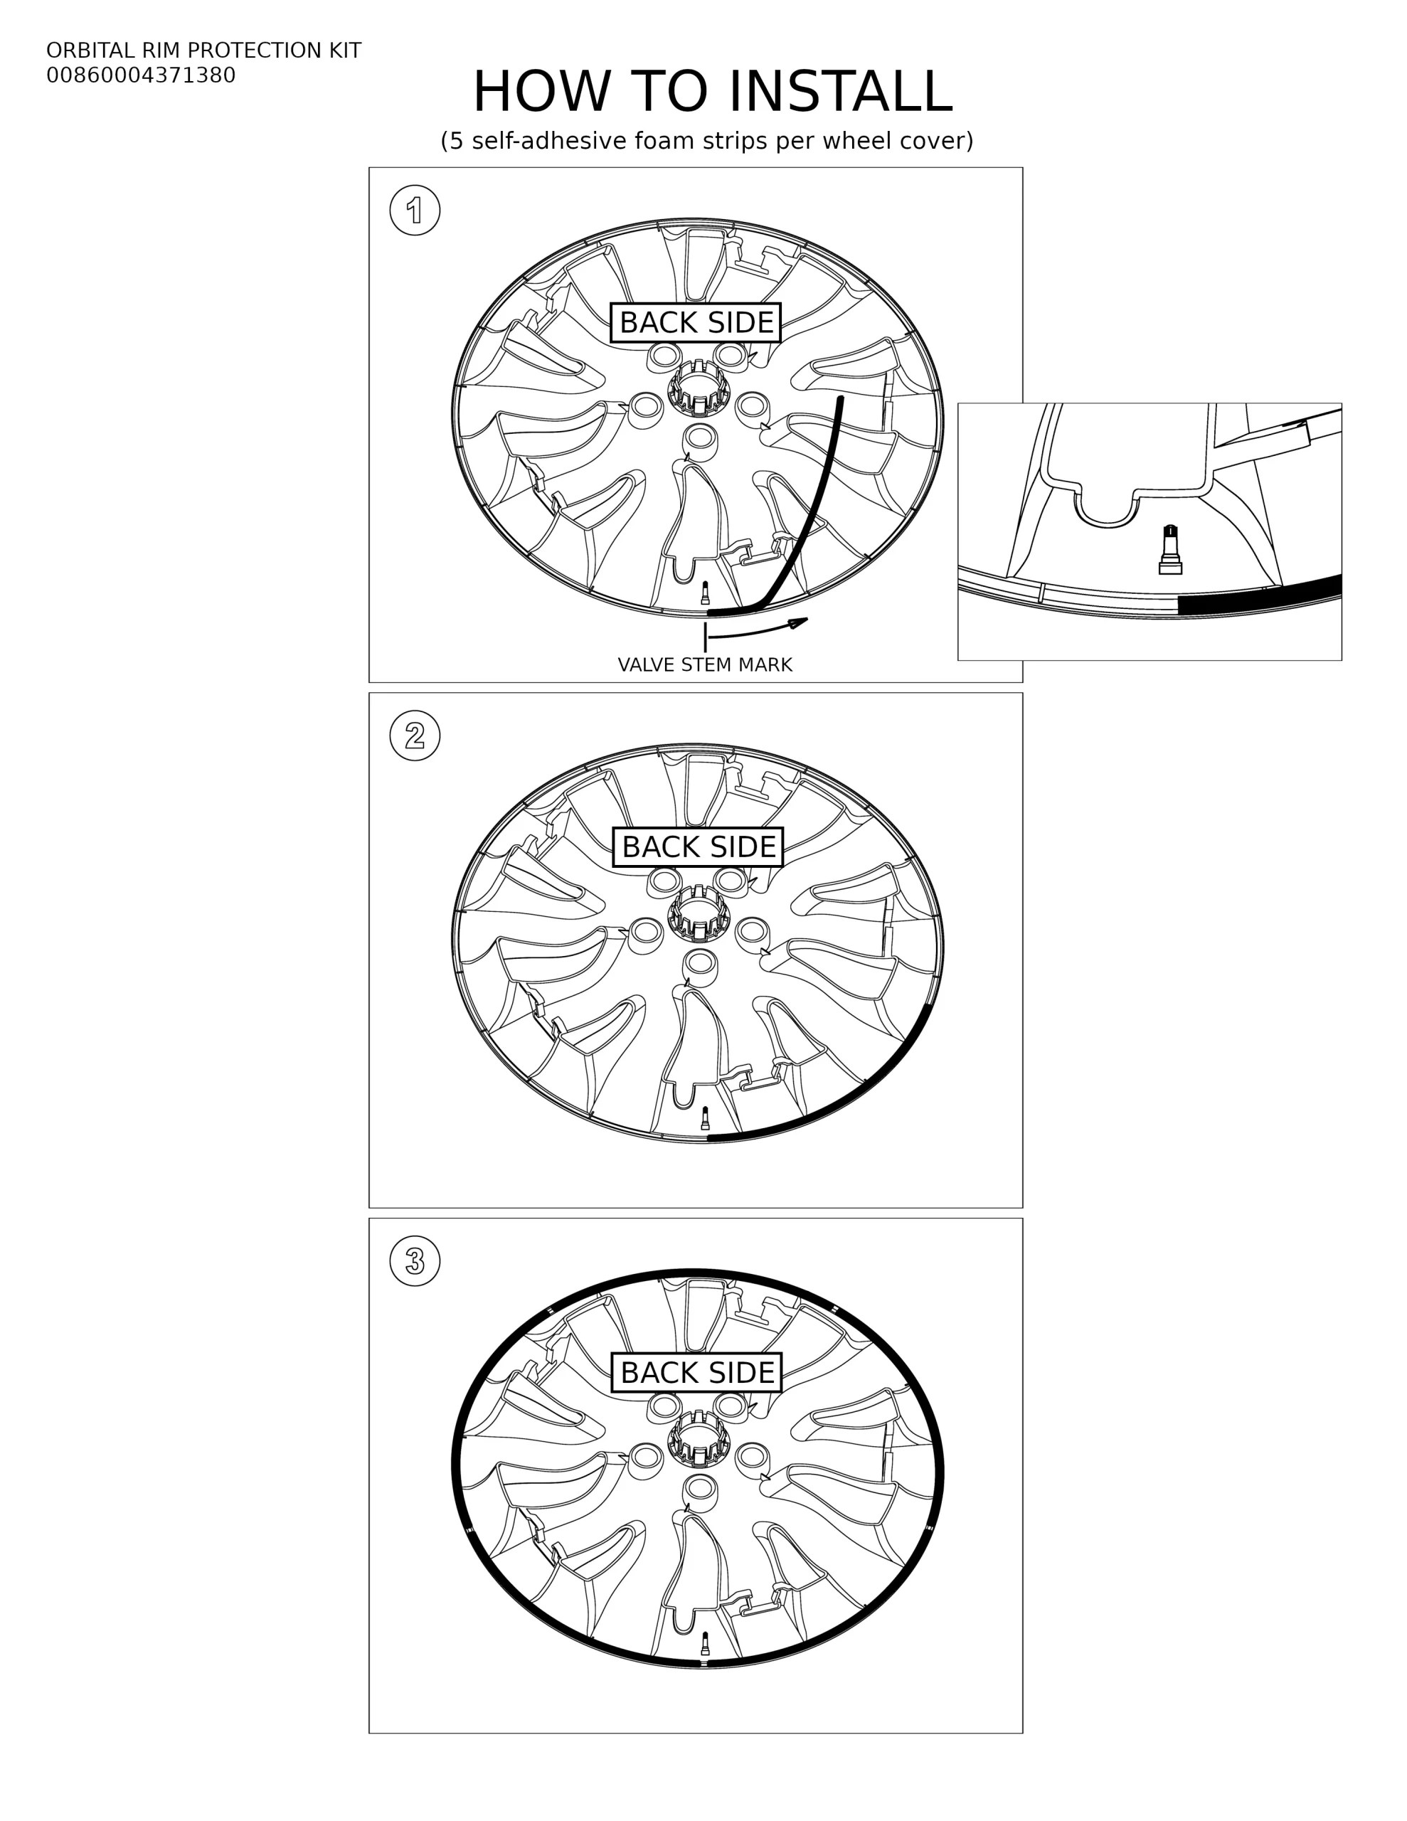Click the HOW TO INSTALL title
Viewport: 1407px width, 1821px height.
pyautogui.click(x=712, y=91)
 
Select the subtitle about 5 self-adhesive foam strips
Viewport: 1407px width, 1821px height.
pyautogui.click(x=706, y=141)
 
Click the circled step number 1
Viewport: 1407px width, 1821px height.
pyautogui.click(x=415, y=210)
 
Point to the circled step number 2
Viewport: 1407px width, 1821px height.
pyautogui.click(x=415, y=736)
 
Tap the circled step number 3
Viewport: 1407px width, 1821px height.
pyautogui.click(x=415, y=1260)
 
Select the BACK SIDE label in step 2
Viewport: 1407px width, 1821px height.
pyautogui.click(x=698, y=847)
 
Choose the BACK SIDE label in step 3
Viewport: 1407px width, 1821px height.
pyautogui.click(x=696, y=1372)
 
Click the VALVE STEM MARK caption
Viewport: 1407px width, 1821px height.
pyautogui.click(x=705, y=664)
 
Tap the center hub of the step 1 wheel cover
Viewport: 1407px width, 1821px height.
pyautogui.click(x=698, y=388)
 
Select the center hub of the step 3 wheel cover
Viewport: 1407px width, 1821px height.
pyautogui.click(x=698, y=1438)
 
